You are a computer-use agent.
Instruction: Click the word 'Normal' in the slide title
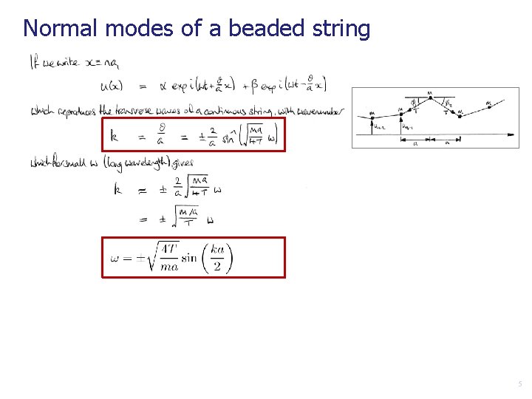point(61,29)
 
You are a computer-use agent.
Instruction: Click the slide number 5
point(520,383)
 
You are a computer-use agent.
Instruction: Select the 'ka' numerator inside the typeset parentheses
point(217,248)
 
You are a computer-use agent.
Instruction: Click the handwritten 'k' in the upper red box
point(115,135)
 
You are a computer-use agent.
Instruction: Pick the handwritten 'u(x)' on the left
point(113,85)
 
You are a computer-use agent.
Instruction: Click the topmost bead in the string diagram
point(429,95)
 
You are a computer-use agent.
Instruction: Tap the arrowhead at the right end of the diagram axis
point(511,134)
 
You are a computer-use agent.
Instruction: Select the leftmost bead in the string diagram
point(371,115)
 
